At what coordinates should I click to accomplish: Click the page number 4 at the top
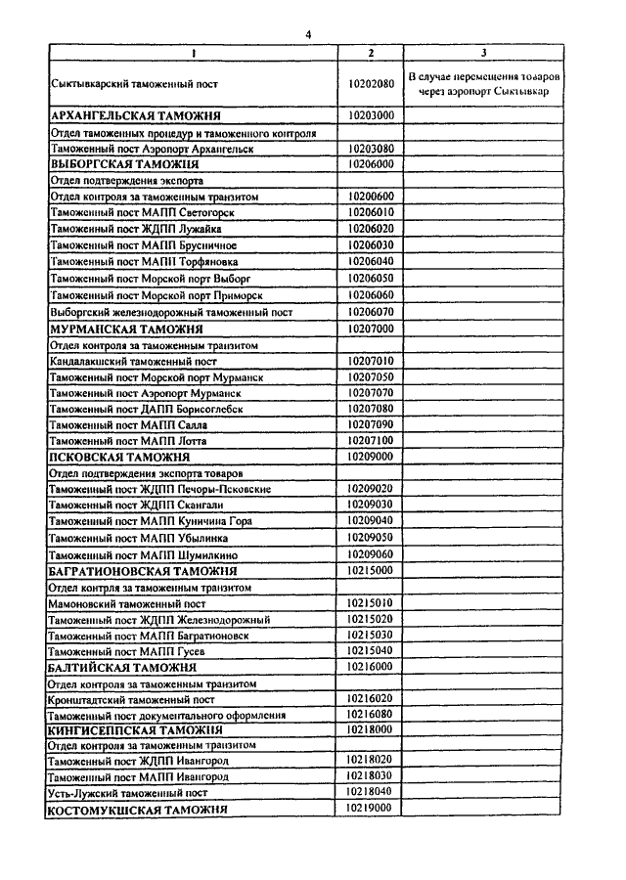pyautogui.click(x=309, y=34)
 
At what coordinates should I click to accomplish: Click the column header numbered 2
pyautogui.click(x=371, y=52)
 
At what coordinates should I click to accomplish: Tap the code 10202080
pyautogui.click(x=371, y=84)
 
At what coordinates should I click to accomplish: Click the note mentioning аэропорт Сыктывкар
pyautogui.click(x=484, y=84)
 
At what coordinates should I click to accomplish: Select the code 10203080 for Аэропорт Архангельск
pyautogui.click(x=371, y=149)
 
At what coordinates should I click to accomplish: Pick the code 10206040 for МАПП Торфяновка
pyautogui.click(x=371, y=262)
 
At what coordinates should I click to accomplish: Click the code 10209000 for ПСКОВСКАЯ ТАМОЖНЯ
pyautogui.click(x=371, y=457)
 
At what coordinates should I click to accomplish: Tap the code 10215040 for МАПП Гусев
pyautogui.click(x=371, y=650)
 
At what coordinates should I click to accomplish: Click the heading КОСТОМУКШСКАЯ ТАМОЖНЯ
pyautogui.click(x=138, y=811)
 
